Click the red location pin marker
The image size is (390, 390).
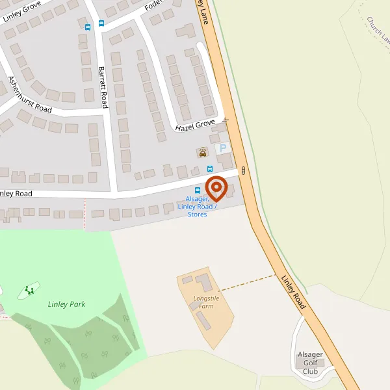216,188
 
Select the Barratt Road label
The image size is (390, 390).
102,86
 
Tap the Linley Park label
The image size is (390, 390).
66,304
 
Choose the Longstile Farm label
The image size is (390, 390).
205,302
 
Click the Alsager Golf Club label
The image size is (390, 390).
310,363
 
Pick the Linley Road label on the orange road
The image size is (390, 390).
294,291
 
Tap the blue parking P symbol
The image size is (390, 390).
222,148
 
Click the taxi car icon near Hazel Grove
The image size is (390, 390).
203,153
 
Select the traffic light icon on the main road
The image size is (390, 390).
244,170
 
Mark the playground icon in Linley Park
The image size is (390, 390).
29,290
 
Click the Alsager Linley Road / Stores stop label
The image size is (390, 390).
198,206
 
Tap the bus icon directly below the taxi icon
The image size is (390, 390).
210,169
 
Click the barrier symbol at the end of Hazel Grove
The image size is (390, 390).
226,120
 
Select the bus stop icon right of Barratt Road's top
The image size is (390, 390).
101,23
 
